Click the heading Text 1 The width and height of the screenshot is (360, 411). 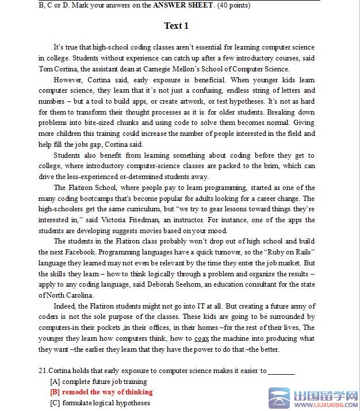coord(176,26)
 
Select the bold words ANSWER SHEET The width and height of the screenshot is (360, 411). coord(182,5)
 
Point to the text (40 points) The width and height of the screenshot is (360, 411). coord(233,5)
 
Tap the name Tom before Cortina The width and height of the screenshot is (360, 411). coord(45,68)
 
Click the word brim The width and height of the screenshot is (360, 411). coord(273,166)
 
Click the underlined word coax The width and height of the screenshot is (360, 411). coord(201,338)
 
